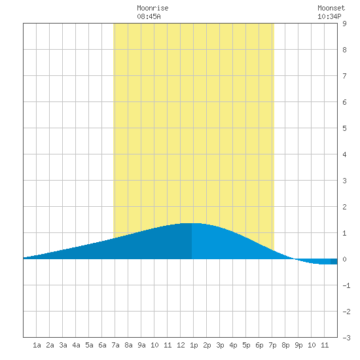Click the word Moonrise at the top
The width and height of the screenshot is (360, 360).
pos(153,8)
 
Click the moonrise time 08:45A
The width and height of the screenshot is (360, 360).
pos(149,16)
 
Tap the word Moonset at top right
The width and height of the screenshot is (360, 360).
pos(331,8)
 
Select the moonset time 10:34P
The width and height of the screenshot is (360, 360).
pos(329,16)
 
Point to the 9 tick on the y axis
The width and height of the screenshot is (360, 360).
pos(344,24)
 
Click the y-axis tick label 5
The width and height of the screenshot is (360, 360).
pos(344,128)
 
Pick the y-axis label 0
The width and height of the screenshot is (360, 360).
pos(344,259)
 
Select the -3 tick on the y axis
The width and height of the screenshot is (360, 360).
pos(346,338)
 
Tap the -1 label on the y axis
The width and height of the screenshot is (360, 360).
pos(346,285)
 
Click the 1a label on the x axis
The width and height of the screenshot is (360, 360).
pos(37,345)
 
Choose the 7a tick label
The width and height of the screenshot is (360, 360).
pos(115,345)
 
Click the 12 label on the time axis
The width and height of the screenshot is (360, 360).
pos(181,345)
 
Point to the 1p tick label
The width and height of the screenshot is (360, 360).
pos(194,345)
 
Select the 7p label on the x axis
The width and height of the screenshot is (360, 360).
pos(272,345)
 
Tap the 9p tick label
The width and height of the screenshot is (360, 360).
pos(298,345)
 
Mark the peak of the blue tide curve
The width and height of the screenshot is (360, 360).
pos(192,223)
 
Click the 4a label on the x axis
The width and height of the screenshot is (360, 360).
pos(76,345)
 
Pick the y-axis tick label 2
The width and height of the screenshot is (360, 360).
pos(344,207)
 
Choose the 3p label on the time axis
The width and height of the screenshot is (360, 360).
pos(220,345)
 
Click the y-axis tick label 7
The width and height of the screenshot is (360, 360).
pos(344,76)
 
